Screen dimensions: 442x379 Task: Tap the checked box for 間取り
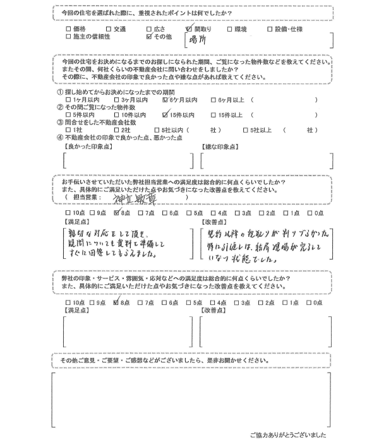point(189,29)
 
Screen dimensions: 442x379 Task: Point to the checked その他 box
point(148,37)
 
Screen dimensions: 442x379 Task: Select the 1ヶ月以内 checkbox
point(69,100)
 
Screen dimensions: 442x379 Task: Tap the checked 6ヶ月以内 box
point(165,100)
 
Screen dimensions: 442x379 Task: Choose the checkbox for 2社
point(116,129)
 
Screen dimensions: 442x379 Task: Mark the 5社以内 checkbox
point(165,129)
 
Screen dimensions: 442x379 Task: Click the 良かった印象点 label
point(88,146)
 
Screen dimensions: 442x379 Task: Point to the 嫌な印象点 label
point(221,146)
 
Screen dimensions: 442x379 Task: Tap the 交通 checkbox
point(108,29)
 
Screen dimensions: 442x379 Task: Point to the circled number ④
point(59,137)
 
